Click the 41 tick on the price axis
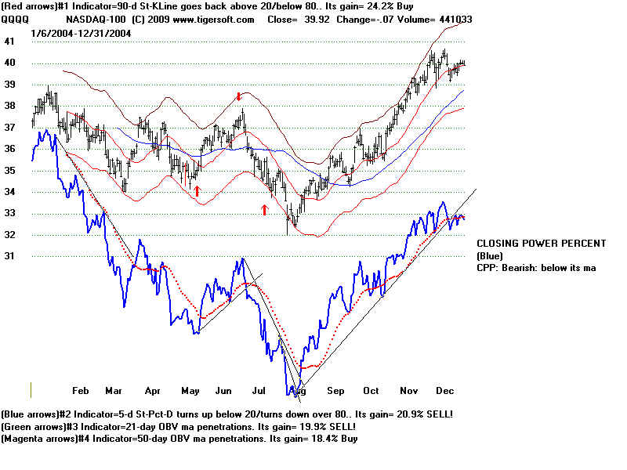pos(10,42)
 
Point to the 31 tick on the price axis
pos(10,256)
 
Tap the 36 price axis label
pos(10,149)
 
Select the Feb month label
pos(81,390)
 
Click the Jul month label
pos(262,390)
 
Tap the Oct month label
pos(371,390)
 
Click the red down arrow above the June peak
pos(239,96)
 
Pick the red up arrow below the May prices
pos(197,190)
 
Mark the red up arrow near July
pos(264,209)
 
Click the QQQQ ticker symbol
pos(15,20)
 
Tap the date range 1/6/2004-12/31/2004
pos(82,34)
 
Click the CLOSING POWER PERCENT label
pos(541,244)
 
